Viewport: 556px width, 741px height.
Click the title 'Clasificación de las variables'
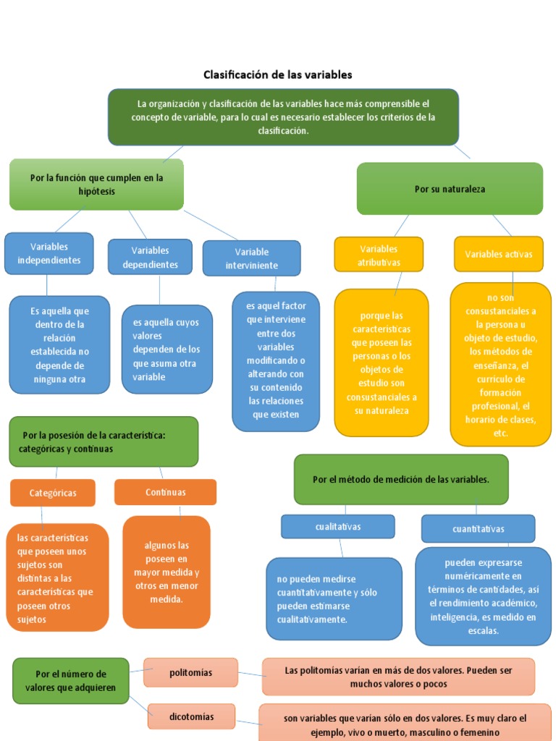(277, 75)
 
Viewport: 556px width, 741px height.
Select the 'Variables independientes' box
(49, 253)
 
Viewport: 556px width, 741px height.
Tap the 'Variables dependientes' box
(150, 258)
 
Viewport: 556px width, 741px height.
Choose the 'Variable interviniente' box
(251, 258)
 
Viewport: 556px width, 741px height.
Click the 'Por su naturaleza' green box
(450, 189)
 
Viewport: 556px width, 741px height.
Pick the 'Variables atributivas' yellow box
(379, 255)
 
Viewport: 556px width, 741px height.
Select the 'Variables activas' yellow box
(498, 254)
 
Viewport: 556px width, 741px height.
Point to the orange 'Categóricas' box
(53, 493)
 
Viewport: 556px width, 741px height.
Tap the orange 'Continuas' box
(165, 492)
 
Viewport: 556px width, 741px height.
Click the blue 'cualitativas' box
(337, 526)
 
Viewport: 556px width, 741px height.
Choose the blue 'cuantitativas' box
(478, 528)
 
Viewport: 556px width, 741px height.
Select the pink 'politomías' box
(190, 672)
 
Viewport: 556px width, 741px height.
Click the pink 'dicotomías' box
(191, 716)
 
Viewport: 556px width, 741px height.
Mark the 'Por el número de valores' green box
(71, 681)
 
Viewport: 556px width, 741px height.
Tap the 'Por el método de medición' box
(401, 479)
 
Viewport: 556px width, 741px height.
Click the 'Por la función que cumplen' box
(96, 185)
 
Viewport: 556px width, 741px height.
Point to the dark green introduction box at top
(283, 117)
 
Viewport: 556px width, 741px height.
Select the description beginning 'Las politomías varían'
(398, 677)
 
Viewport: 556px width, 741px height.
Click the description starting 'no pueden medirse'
(334, 598)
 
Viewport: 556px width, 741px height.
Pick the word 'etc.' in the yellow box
(500, 433)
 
